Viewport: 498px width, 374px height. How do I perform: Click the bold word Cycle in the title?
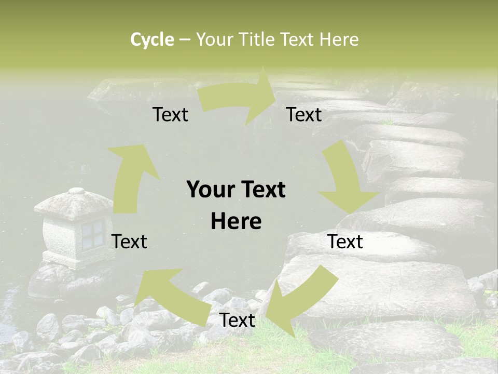(x=152, y=39)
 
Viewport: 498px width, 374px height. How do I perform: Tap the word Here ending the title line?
(x=339, y=39)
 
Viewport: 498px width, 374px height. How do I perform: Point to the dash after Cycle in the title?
(x=185, y=40)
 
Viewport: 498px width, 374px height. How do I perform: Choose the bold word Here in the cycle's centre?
(x=236, y=221)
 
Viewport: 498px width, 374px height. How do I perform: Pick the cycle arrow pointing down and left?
(x=298, y=299)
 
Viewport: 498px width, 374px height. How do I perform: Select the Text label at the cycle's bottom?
(x=237, y=320)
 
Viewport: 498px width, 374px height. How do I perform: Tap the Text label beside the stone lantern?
(x=129, y=242)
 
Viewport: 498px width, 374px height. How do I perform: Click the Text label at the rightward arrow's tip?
(x=303, y=114)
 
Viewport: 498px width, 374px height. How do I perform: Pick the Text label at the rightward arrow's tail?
(x=170, y=114)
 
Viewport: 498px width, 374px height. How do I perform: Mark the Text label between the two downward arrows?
(x=345, y=242)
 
